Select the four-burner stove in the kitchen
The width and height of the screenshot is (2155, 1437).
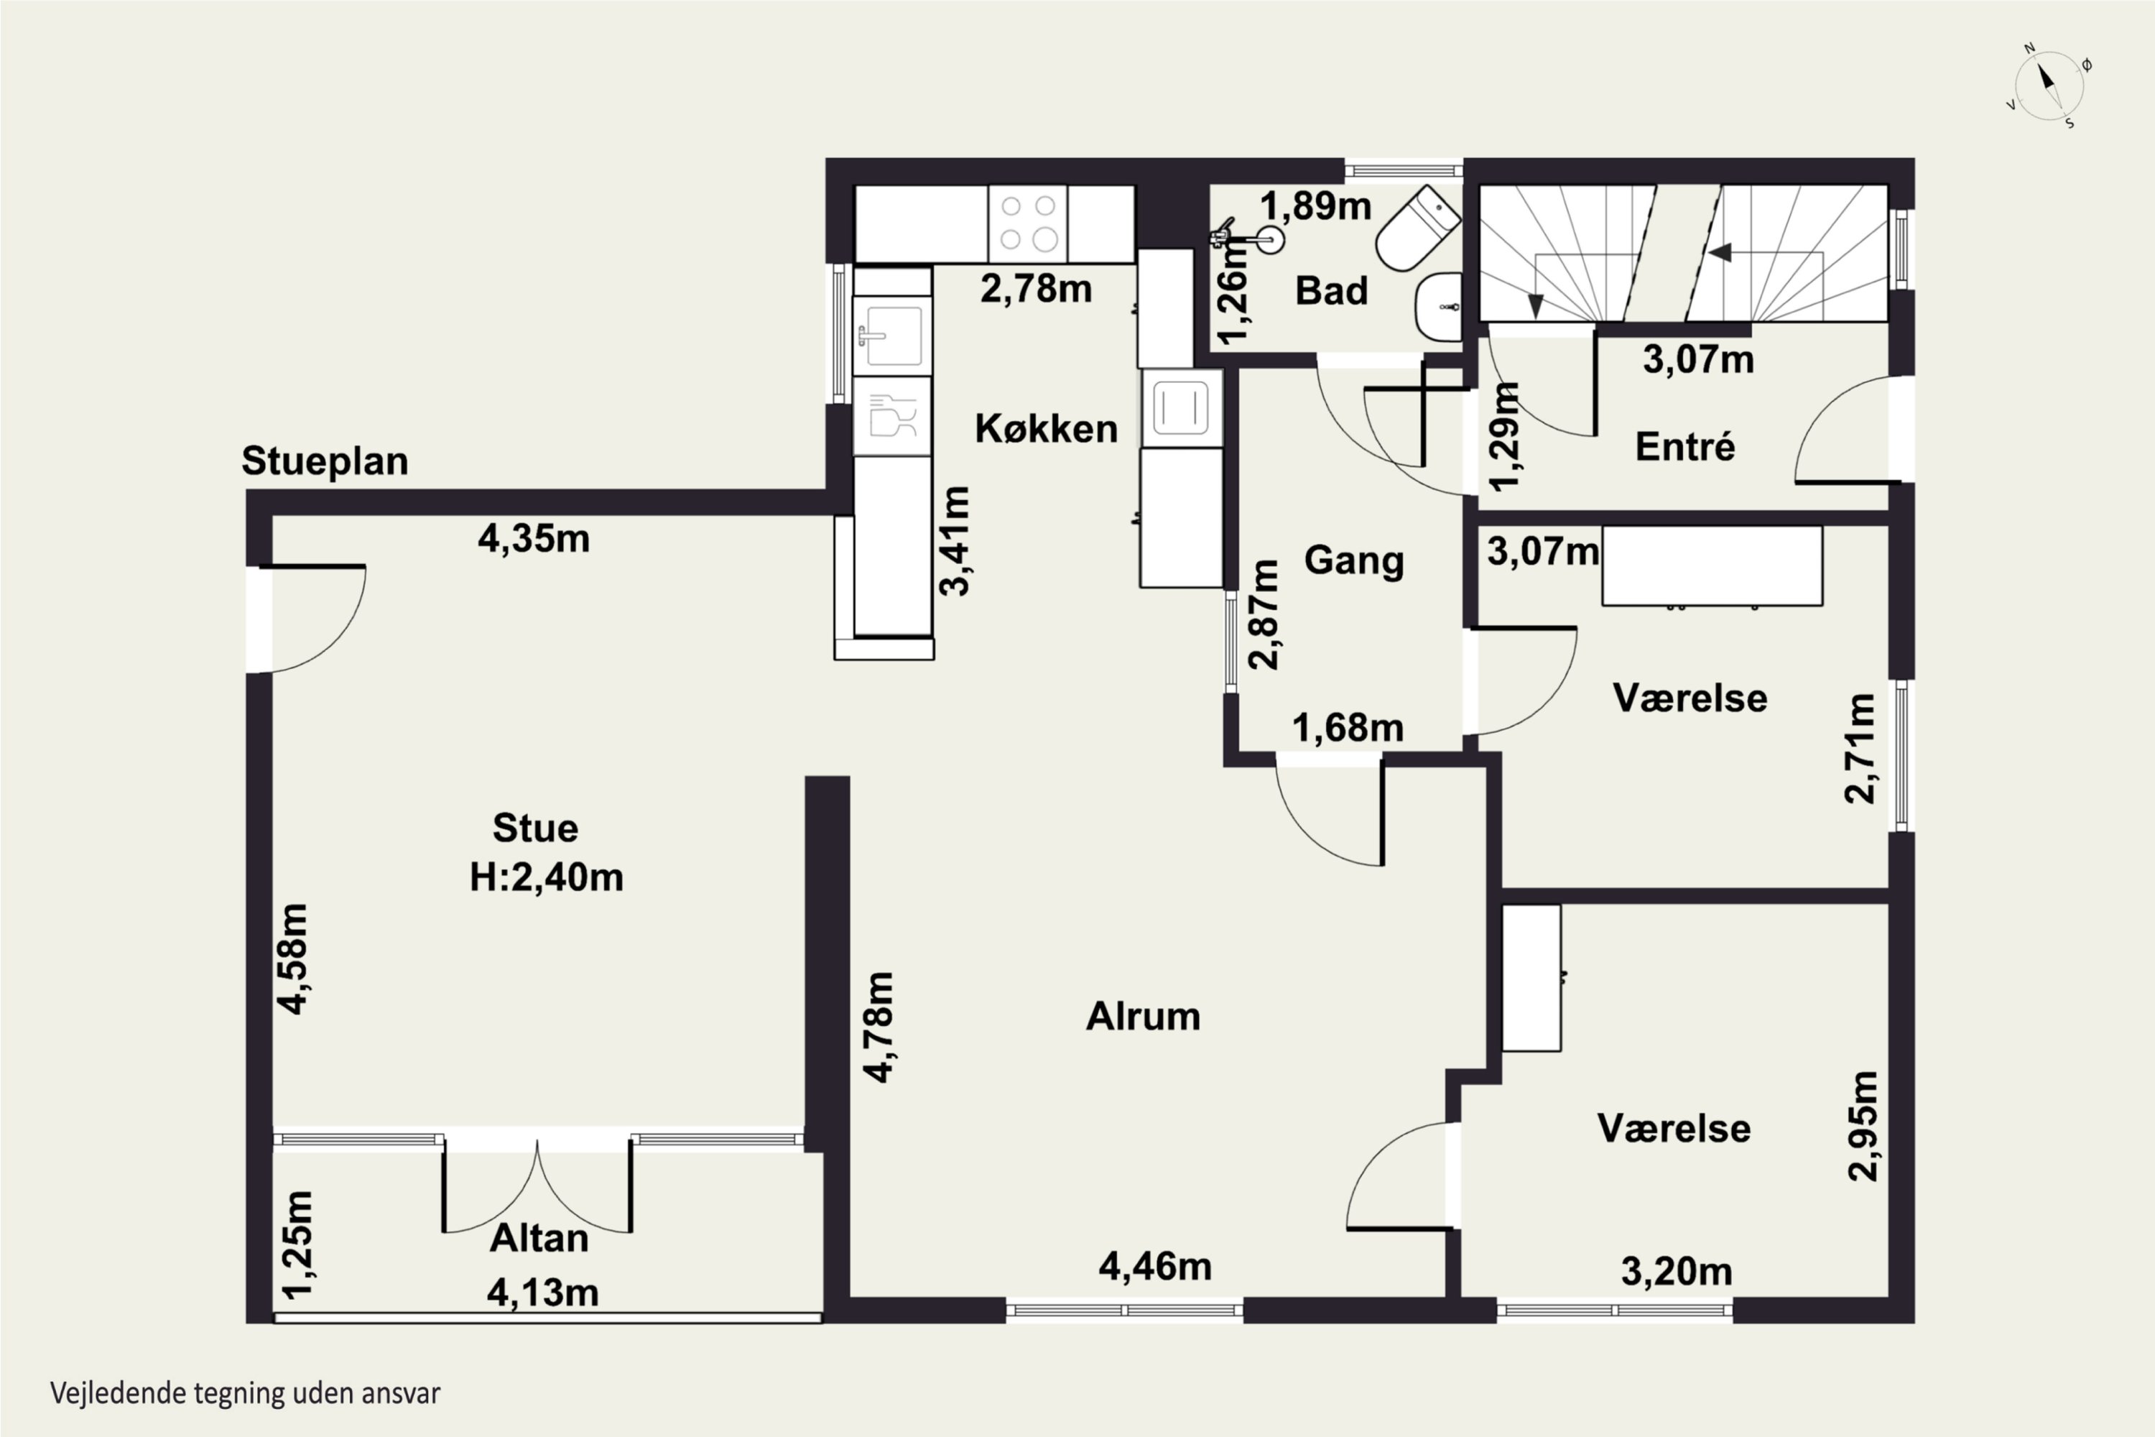pyautogui.click(x=1027, y=223)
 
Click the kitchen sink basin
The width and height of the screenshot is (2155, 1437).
pyautogui.click(x=892, y=336)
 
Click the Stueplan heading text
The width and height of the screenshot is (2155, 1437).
pyautogui.click(x=325, y=461)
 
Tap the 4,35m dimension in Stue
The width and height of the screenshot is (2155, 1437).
pyautogui.click(x=533, y=539)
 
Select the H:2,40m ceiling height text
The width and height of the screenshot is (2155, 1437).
pyautogui.click(x=546, y=877)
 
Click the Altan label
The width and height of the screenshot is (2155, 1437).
pyautogui.click(x=539, y=1238)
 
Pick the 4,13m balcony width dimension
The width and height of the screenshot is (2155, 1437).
pyautogui.click(x=542, y=1292)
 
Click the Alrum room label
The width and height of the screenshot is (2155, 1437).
pyautogui.click(x=1143, y=1017)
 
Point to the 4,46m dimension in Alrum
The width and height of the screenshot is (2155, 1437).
pyautogui.click(x=1154, y=1267)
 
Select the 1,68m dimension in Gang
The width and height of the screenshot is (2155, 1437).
pyautogui.click(x=1348, y=728)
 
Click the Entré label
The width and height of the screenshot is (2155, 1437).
pyautogui.click(x=1685, y=446)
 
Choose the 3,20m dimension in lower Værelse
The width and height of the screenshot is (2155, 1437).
pyautogui.click(x=1677, y=1271)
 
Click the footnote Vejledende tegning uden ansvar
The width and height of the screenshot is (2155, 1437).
pyautogui.click(x=246, y=1393)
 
